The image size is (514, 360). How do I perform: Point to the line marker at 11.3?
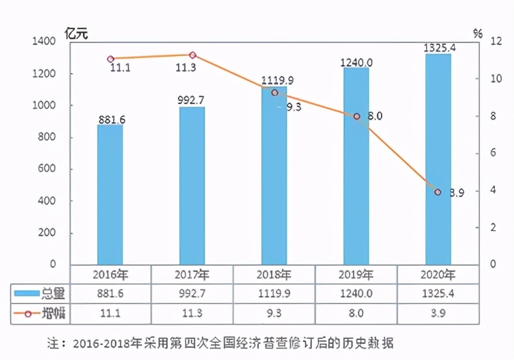[x=192, y=55]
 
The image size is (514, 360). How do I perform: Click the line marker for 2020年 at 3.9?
[x=438, y=192]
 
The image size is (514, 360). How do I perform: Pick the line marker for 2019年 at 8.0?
[x=356, y=116]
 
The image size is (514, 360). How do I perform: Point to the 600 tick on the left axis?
[x=47, y=169]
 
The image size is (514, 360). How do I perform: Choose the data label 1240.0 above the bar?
[x=356, y=62]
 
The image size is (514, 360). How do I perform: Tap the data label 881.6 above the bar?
[x=111, y=119]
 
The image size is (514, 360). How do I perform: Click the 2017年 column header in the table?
[x=192, y=274]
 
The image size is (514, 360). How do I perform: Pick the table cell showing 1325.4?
[x=438, y=294]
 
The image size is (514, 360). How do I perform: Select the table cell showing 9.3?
[x=274, y=314]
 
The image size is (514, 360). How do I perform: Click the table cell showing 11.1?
[x=111, y=314]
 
